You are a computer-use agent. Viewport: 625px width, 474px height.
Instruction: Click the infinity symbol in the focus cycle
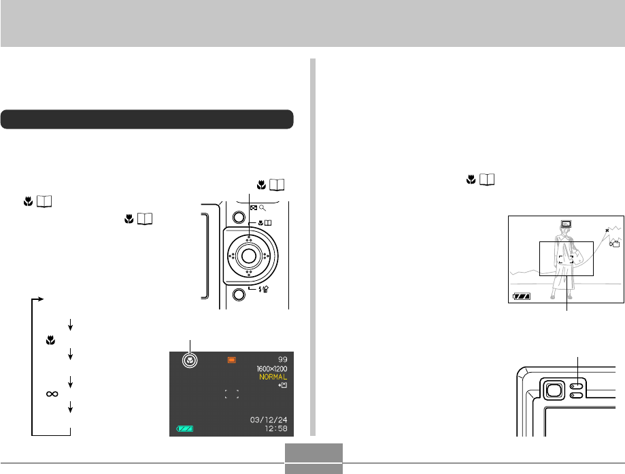coord(52,394)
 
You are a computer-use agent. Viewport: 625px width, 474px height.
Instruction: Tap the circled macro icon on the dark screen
coord(190,360)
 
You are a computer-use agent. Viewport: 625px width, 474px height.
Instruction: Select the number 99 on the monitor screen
coord(283,360)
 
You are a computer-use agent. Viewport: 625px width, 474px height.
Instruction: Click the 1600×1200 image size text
coord(272,369)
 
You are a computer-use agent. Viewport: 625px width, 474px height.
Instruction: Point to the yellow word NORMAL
coord(273,377)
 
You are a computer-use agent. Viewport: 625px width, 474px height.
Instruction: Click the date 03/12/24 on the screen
coord(269,420)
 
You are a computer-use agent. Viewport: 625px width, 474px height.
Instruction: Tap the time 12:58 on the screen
coord(276,428)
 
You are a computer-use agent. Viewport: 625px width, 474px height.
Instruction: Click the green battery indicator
coord(185,429)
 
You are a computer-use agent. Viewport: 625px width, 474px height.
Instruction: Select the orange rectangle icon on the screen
coord(232,360)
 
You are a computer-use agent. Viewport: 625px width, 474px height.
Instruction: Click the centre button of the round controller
coord(249,256)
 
